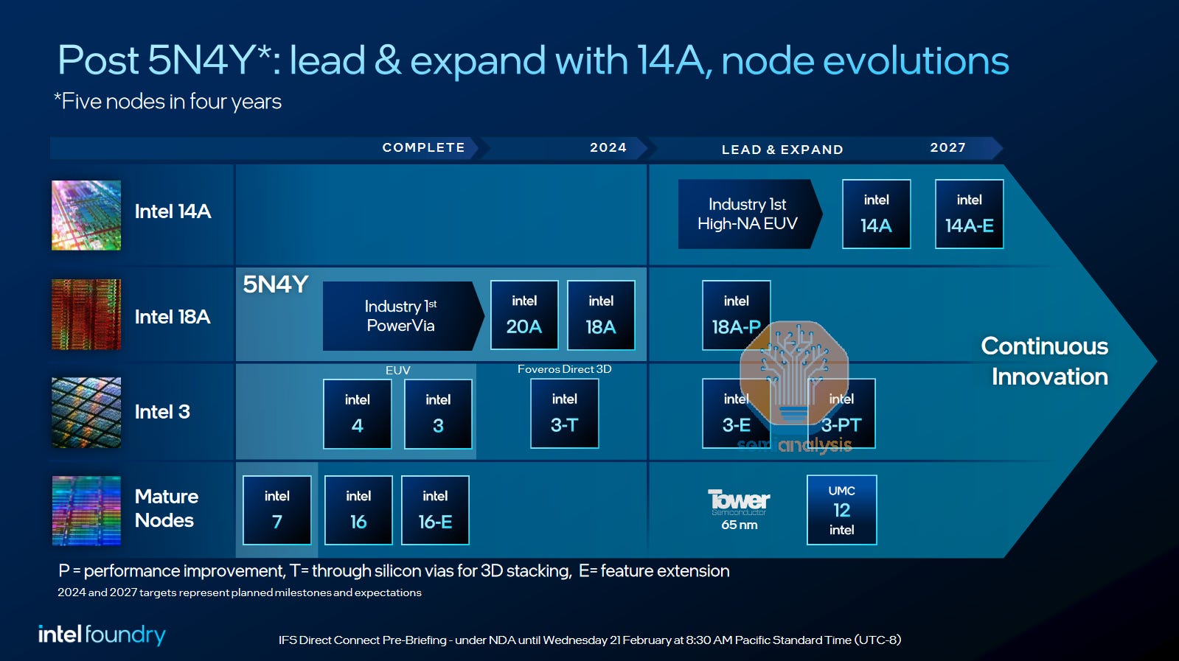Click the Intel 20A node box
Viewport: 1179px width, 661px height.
[x=524, y=315]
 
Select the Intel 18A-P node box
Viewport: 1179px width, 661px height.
[x=736, y=314]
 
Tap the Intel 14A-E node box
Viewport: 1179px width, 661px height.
[x=969, y=214]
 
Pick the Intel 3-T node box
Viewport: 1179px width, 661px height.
[x=564, y=413]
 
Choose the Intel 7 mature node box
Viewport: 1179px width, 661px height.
[x=277, y=510]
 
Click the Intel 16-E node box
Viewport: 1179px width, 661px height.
[x=435, y=510]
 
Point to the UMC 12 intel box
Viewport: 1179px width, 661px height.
[x=841, y=510]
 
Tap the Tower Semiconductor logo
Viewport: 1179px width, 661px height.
[x=739, y=502]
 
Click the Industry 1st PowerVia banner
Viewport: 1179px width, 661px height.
[x=401, y=315]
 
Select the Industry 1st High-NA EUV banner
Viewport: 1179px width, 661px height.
[x=748, y=214]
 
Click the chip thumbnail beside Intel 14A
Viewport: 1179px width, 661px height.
[x=86, y=215]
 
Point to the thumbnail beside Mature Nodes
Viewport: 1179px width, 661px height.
[x=86, y=510]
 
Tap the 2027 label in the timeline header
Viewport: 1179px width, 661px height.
[x=947, y=147]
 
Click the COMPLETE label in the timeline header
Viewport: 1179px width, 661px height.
[x=423, y=147]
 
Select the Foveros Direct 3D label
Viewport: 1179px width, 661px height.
[x=564, y=369]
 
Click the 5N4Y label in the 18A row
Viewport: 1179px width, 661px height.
[x=275, y=284]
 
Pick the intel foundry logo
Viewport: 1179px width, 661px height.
[x=102, y=634]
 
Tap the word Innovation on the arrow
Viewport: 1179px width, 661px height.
[x=1049, y=377]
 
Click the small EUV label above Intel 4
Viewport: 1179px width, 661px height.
[x=397, y=370]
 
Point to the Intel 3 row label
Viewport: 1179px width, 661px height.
[x=162, y=412]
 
